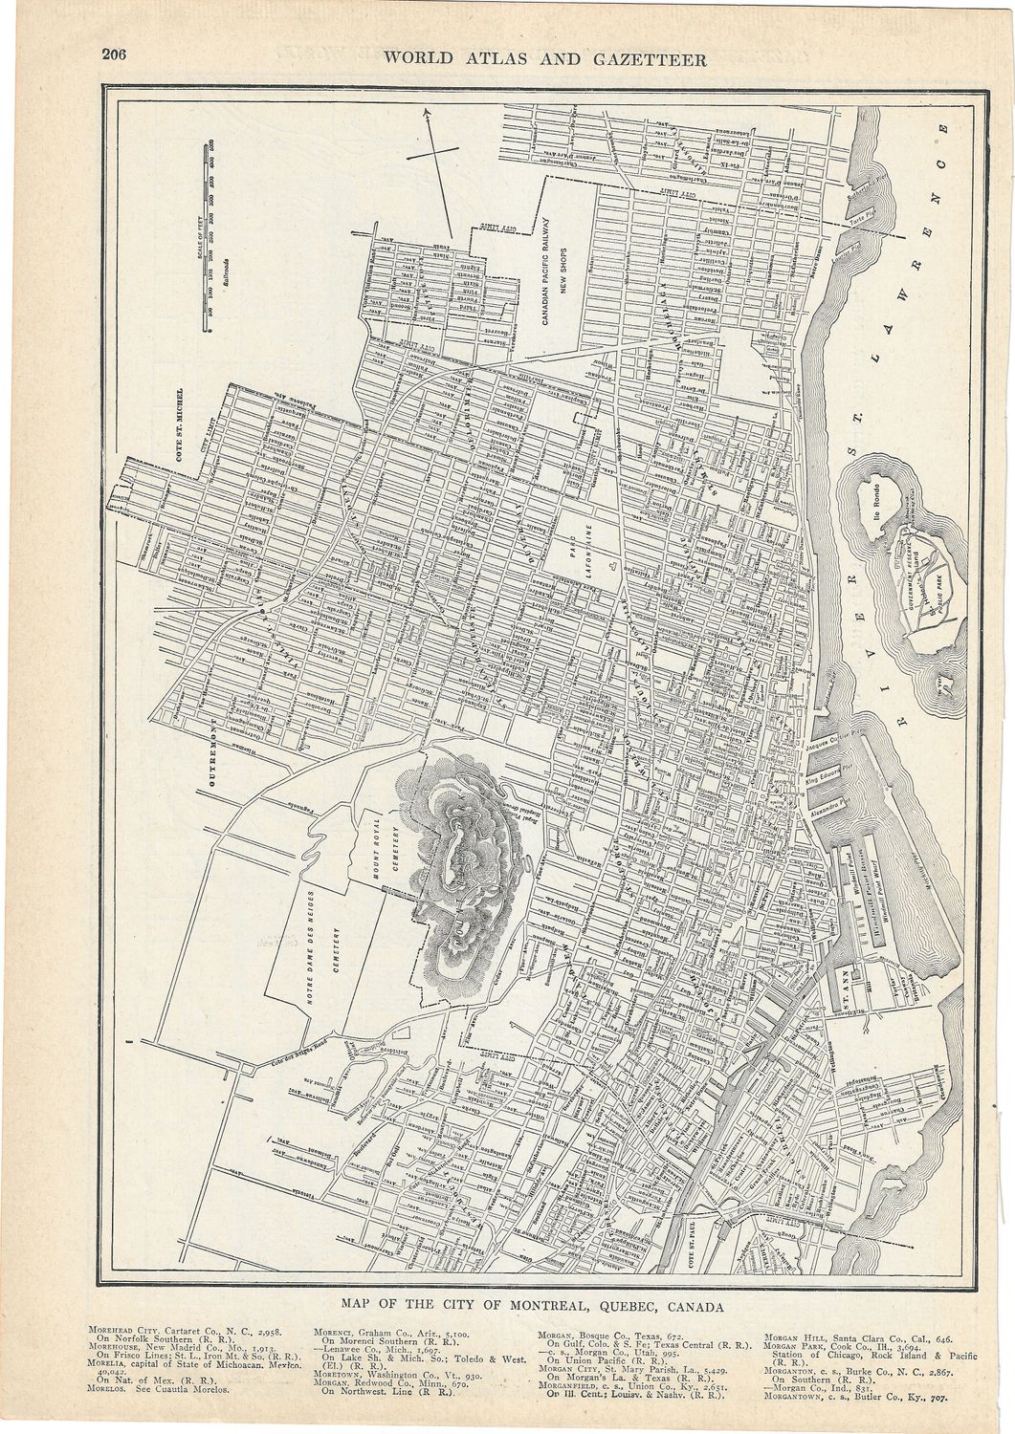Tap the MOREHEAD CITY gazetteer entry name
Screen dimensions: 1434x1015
click(x=125, y=1330)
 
